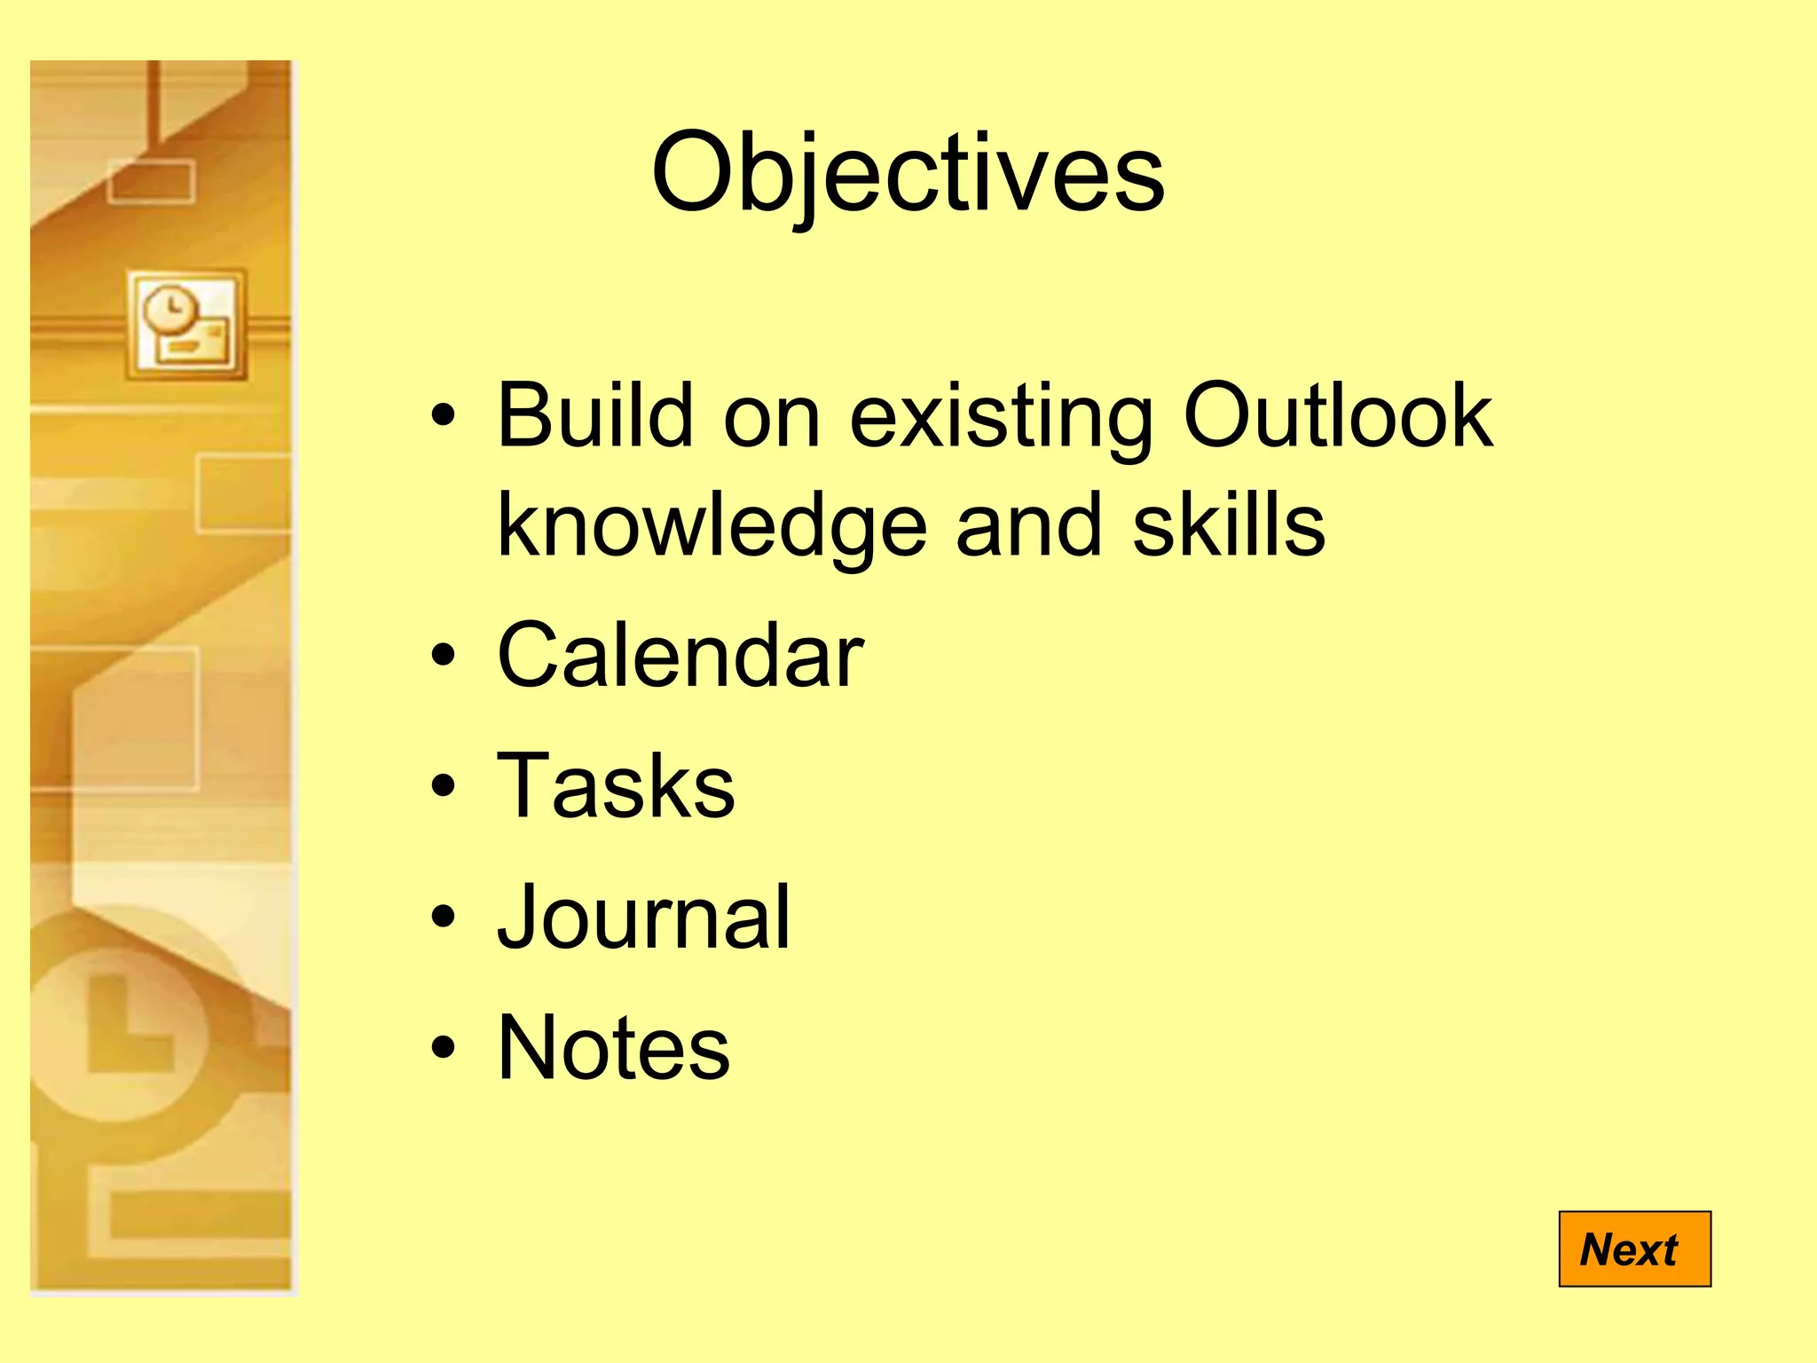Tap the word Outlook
tap(1338, 415)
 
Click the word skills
tap(1228, 525)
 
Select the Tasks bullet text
tap(616, 786)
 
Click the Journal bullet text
tap(642, 918)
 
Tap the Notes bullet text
tap(613, 1048)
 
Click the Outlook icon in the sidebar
tap(185, 325)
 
